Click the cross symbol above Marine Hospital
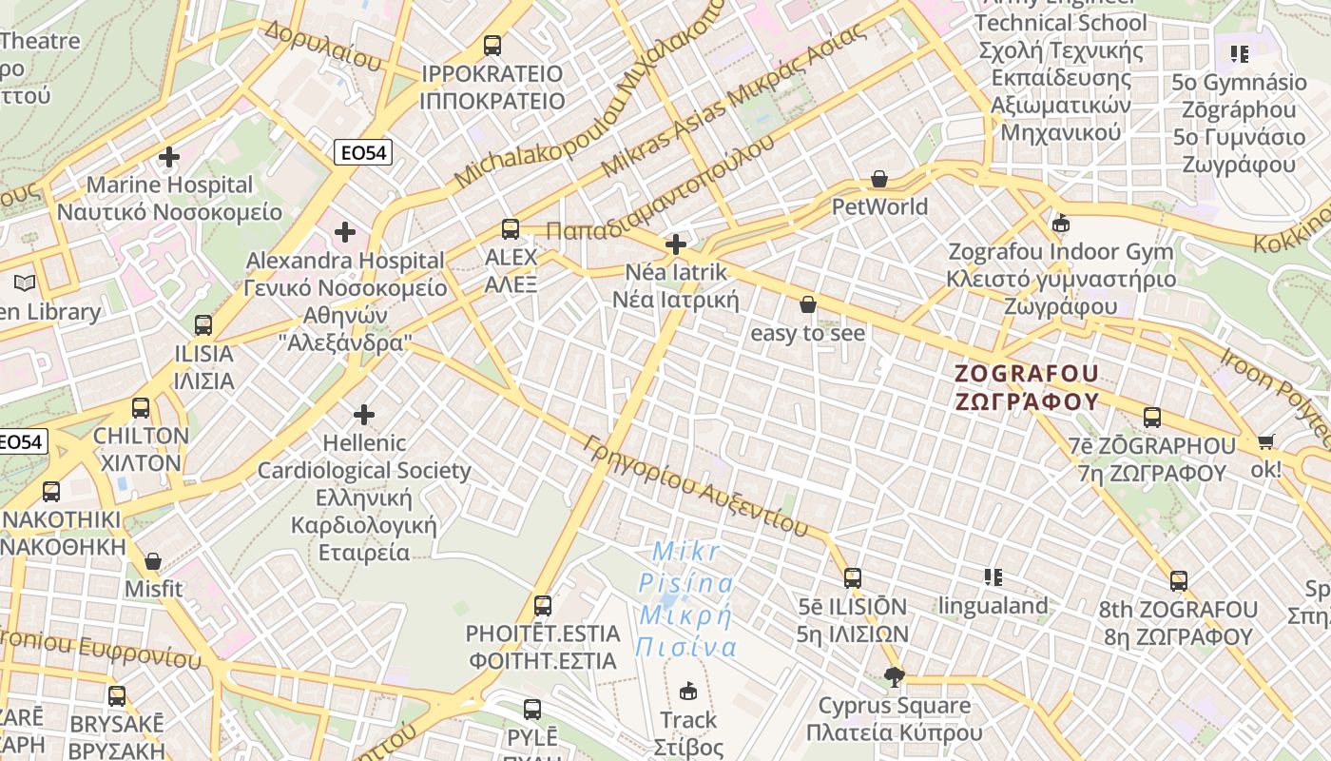point(169,157)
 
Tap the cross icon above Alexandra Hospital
point(345,232)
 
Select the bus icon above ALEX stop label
point(511,229)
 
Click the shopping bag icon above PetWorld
point(879,179)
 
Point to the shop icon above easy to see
point(808,304)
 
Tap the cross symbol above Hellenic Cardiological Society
point(363,415)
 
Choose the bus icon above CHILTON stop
point(141,408)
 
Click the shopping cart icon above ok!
point(1265,441)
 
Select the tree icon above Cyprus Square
point(893,677)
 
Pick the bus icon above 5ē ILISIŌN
point(853,577)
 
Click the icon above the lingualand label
point(993,576)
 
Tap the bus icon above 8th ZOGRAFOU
point(1179,581)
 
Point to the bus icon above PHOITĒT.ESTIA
point(542,605)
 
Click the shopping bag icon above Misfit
point(153,561)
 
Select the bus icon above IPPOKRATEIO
point(492,45)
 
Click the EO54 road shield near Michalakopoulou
point(363,151)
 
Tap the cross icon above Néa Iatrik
point(676,244)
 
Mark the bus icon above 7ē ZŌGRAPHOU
point(1152,417)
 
